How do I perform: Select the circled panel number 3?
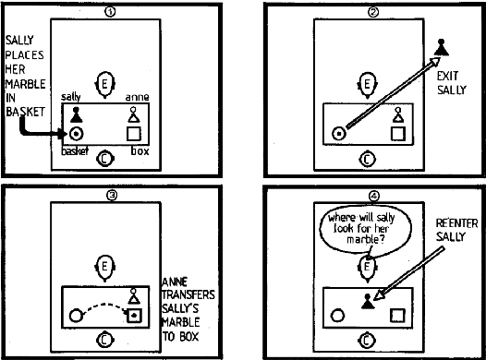click(110, 196)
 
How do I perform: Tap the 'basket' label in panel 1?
click(75, 150)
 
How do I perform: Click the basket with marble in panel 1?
click(77, 134)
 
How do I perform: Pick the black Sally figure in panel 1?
click(77, 114)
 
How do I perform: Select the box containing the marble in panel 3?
click(135, 317)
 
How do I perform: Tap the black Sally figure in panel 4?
click(368, 299)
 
